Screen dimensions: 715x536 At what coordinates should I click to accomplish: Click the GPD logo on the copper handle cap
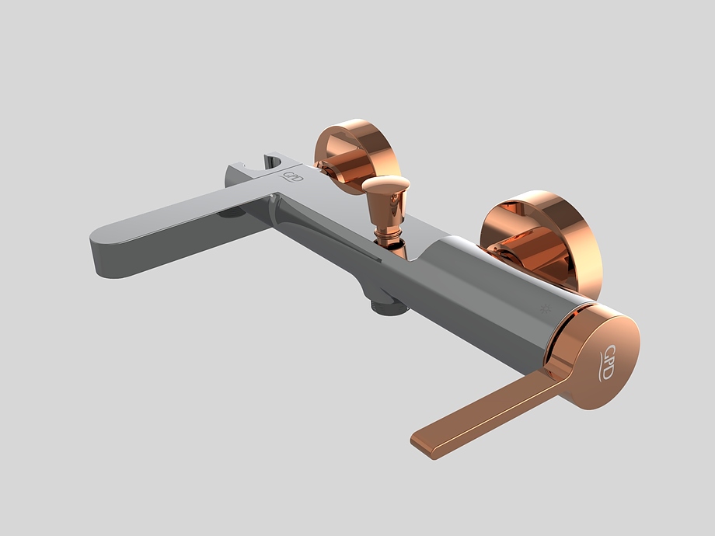pos(608,361)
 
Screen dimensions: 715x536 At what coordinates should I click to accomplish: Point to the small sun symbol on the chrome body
pos(545,308)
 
